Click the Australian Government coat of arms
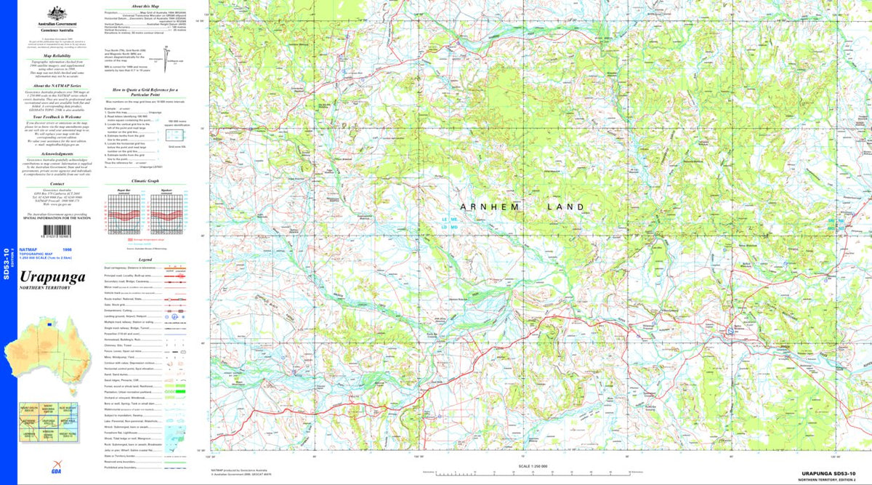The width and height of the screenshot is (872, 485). click(55, 13)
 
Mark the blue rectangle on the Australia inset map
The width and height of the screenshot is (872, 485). click(49, 324)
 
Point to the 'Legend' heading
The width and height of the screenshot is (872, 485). click(145, 259)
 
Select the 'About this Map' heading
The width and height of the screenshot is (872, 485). click(145, 6)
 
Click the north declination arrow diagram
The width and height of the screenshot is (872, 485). click(166, 55)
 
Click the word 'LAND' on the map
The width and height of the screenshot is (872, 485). click(565, 207)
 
